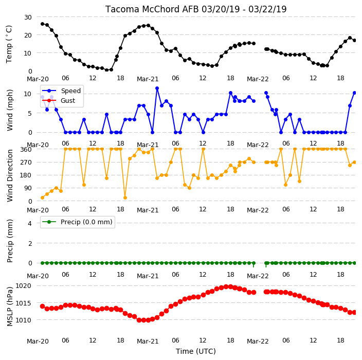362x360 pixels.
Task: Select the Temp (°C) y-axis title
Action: (9, 44)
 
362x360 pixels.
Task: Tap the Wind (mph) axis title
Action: (9, 110)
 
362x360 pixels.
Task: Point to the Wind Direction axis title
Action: (9, 176)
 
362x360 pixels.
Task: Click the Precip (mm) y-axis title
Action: (9, 241)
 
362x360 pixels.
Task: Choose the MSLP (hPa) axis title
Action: (9, 307)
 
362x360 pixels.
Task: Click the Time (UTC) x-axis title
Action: (196, 351)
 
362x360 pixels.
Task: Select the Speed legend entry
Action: (61, 91)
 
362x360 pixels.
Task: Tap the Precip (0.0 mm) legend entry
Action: (77, 222)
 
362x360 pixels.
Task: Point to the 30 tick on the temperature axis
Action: (28, 17)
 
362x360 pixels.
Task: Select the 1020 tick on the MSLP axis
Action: (23, 286)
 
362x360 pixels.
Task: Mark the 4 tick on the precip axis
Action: (30, 223)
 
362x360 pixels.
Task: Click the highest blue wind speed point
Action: (157, 88)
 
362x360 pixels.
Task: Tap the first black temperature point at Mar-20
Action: (42, 24)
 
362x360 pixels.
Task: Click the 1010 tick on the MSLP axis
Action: (23, 320)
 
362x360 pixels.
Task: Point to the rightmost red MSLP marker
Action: (354, 312)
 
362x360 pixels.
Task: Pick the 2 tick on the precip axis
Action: (30, 243)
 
